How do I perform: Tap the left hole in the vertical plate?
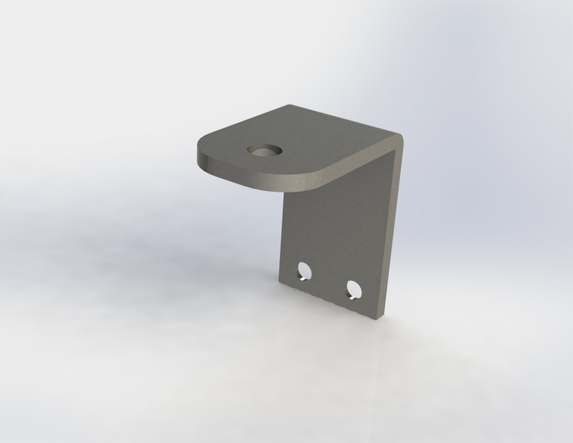click(x=302, y=271)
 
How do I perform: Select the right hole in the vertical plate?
click(x=353, y=289)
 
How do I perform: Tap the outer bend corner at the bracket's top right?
click(x=401, y=138)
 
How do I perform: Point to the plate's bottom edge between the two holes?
click(x=325, y=298)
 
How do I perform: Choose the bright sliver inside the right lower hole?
click(x=353, y=297)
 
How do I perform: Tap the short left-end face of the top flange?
click(x=201, y=161)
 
